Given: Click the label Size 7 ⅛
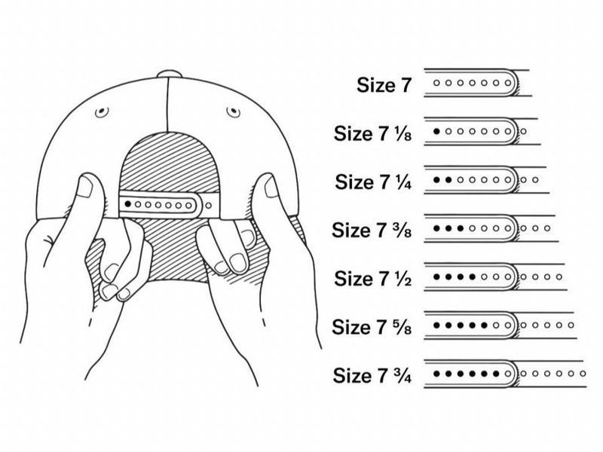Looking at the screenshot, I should [373, 133].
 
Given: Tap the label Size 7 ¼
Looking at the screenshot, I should [374, 182].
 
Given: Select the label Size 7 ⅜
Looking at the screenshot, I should [373, 229].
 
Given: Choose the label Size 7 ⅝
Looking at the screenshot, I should [372, 326].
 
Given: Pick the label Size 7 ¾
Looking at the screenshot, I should [372, 374].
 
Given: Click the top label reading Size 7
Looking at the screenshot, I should [384, 85].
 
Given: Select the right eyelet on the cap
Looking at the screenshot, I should [233, 112].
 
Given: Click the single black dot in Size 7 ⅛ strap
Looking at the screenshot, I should [437, 132].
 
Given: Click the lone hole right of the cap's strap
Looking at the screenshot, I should [208, 203].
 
